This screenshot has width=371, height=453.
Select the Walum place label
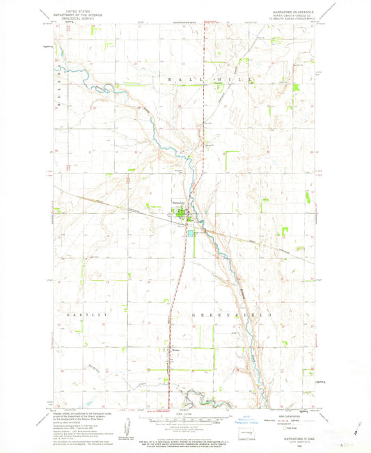175,351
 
